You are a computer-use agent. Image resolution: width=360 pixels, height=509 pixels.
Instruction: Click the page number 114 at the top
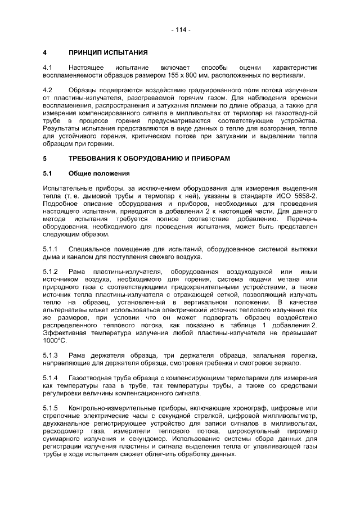[180, 29]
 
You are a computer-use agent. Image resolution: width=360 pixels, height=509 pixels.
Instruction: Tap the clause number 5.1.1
[51, 249]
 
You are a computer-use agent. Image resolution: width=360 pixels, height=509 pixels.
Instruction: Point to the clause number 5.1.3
[51, 355]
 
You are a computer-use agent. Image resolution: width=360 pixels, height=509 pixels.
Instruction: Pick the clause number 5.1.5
[51, 408]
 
